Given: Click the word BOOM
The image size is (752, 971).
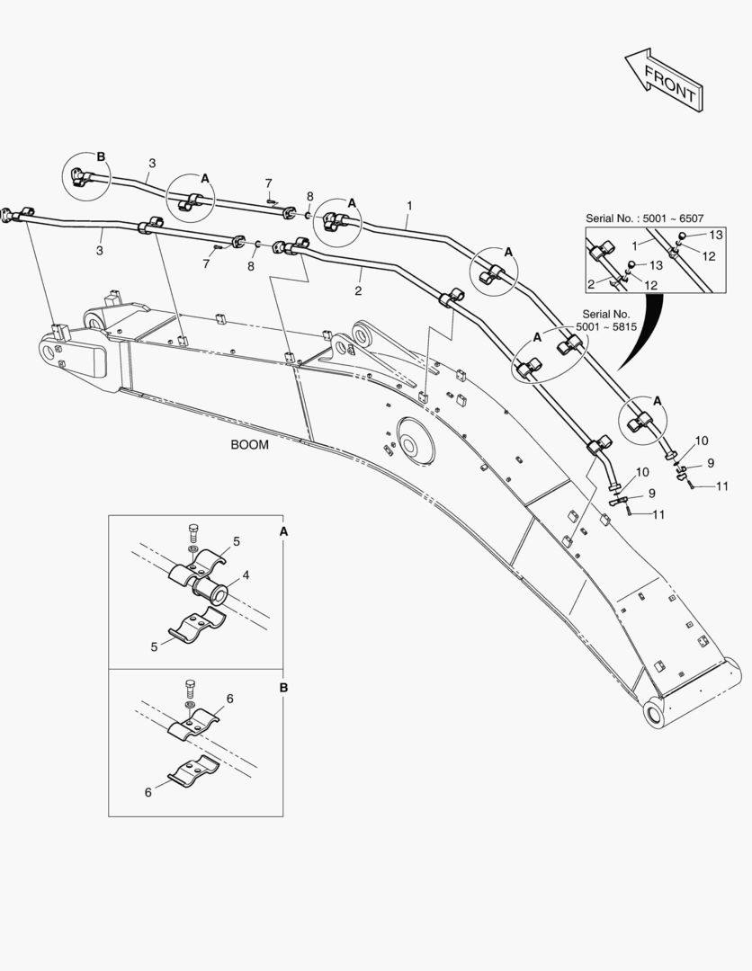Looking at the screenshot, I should point(249,445).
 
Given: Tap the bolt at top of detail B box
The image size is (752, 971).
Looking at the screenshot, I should point(190,690).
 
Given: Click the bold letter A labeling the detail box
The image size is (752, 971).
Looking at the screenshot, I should point(284,532).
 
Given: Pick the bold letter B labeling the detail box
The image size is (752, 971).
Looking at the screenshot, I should point(284,688).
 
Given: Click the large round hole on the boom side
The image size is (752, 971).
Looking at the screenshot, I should point(409,447).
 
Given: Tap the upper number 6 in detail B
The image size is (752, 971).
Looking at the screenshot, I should point(229,698).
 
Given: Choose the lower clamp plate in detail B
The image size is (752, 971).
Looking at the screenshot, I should point(196,770).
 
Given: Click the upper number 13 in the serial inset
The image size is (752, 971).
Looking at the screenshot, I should point(715,235).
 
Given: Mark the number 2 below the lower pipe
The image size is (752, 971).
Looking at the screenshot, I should point(357,291).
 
